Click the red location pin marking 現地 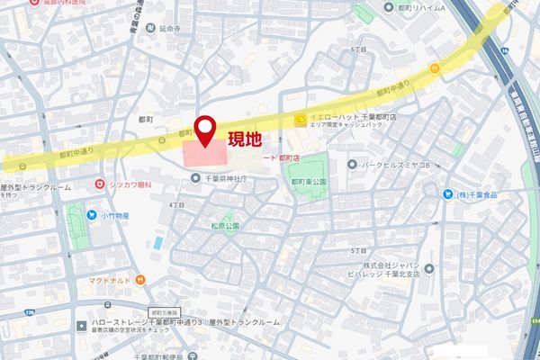tap(206, 130)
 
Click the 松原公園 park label tap(224, 227)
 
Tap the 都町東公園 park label tap(309, 181)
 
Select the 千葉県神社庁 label tap(222, 177)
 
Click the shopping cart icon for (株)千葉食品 tap(447, 193)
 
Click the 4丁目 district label tap(176, 205)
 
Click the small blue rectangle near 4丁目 tap(158, 243)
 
